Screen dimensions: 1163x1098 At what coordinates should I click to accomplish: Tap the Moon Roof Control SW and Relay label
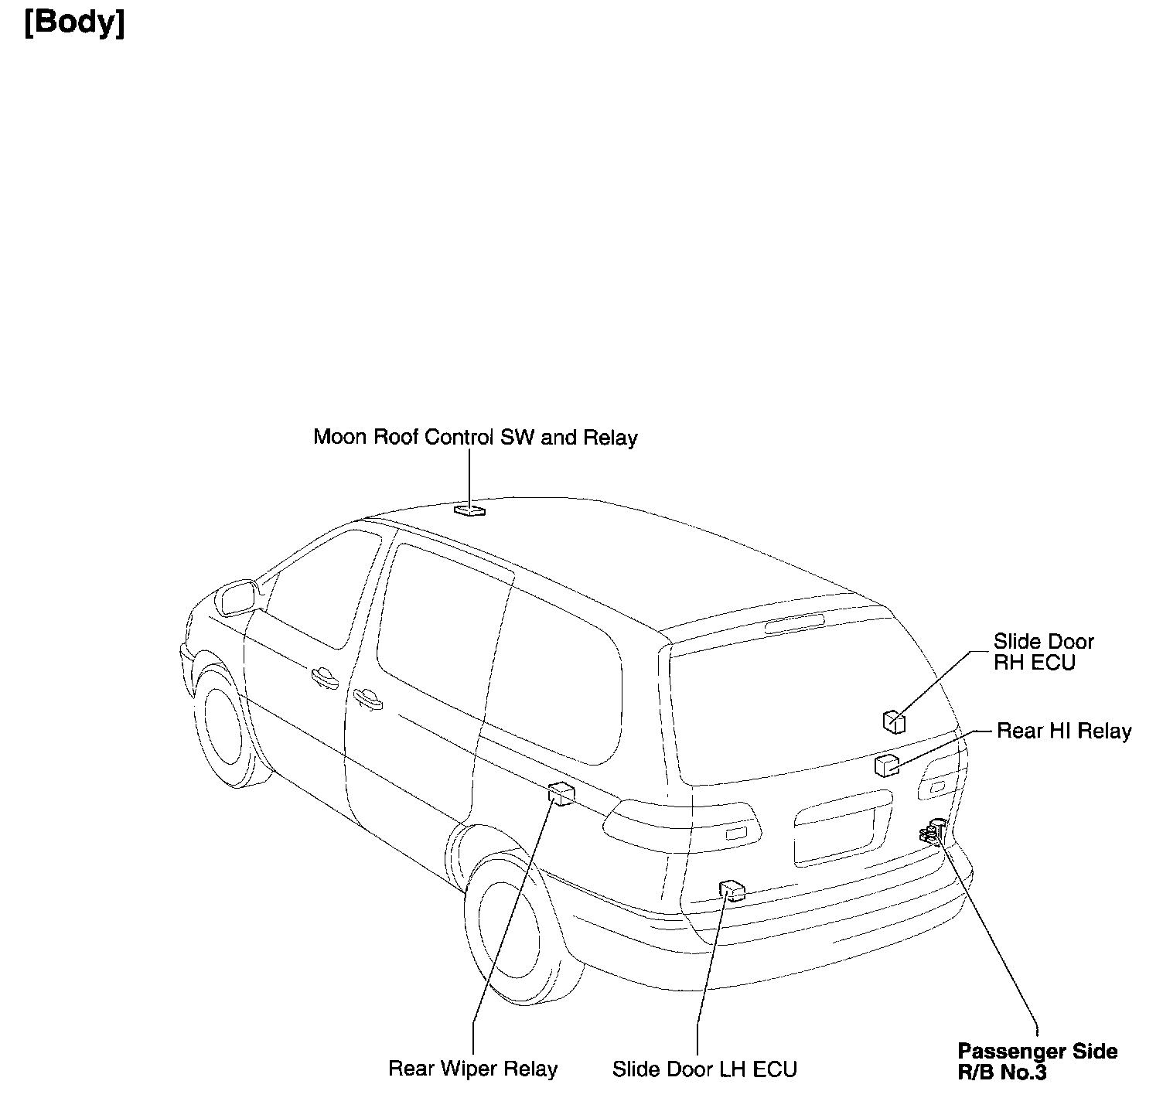coord(475,438)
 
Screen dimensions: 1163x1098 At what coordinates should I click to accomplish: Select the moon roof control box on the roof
coord(469,510)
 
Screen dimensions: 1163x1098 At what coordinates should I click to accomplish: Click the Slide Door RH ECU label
coord(1043,652)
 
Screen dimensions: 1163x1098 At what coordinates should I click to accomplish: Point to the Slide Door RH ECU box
coord(894,721)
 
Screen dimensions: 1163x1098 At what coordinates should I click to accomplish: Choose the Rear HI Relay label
coord(1064,731)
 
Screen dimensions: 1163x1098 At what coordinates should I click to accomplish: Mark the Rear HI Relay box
coord(886,765)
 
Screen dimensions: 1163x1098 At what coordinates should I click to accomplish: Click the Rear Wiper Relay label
coord(472,1069)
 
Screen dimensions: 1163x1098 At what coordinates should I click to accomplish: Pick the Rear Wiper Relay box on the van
coord(561,793)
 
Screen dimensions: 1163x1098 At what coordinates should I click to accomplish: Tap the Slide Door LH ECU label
coord(704,1069)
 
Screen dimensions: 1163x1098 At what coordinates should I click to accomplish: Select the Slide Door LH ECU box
coord(732,891)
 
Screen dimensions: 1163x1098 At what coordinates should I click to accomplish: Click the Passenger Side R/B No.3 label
coord(1037,1062)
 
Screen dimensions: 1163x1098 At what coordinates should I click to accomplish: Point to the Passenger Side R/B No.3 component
coord(931,834)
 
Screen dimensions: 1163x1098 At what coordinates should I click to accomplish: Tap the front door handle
coord(324,678)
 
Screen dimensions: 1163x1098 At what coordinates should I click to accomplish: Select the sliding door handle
coord(368,699)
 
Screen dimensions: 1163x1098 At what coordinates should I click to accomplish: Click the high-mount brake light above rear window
coord(794,623)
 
